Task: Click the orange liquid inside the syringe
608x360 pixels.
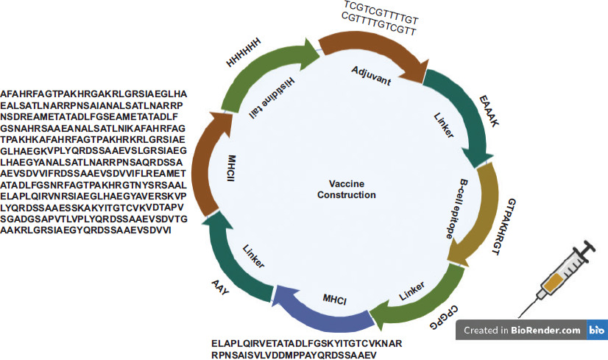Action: (554, 281)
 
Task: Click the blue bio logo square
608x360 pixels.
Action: (596, 331)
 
